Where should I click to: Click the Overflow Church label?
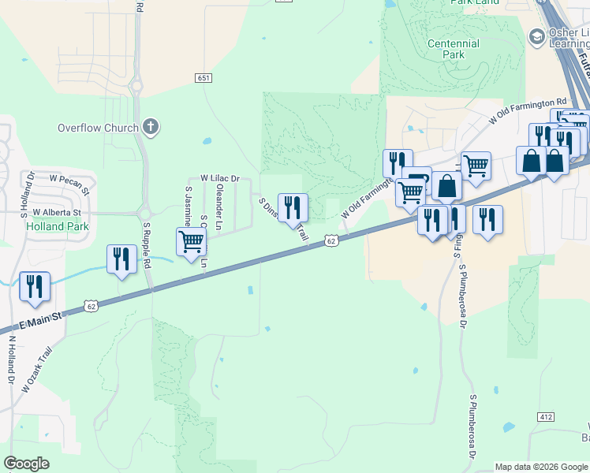(99, 128)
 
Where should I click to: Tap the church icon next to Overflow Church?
(151, 127)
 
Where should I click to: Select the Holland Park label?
(58, 226)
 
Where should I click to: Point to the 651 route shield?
(204, 77)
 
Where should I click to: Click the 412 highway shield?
(546, 416)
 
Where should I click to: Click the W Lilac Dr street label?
(219, 179)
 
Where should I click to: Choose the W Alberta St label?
(56, 213)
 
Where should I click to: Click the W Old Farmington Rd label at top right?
(528, 111)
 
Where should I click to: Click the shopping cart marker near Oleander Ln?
(191, 243)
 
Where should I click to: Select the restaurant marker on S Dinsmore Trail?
(293, 208)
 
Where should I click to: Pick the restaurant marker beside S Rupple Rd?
(121, 259)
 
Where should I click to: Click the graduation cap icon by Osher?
(538, 37)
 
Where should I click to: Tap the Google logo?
(27, 464)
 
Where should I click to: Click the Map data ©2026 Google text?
(540, 467)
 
